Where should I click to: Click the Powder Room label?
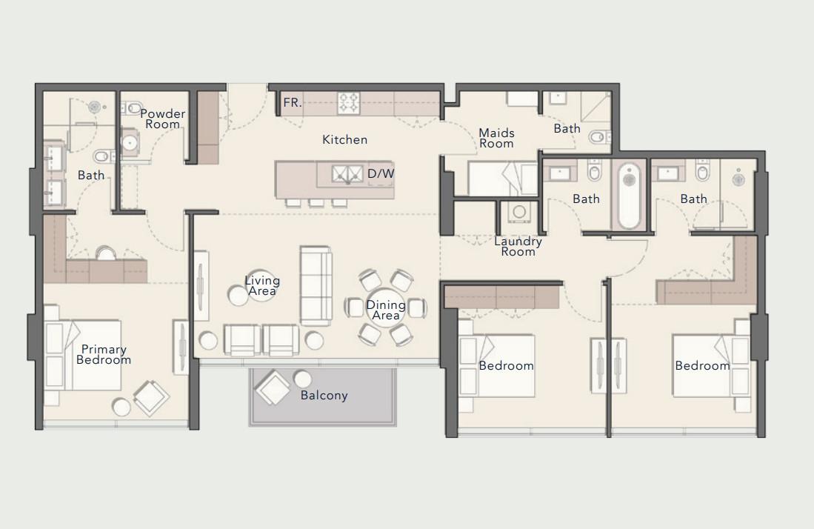tap(162, 119)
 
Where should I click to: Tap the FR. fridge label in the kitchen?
tap(292, 103)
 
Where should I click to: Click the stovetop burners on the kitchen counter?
tap(348, 102)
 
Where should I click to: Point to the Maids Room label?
tap(496, 138)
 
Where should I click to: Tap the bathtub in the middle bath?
tap(630, 196)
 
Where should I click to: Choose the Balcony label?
tap(324, 395)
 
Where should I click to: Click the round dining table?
tap(386, 308)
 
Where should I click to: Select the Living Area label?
tap(262, 285)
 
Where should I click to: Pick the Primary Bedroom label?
tap(104, 354)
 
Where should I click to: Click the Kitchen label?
tap(344, 139)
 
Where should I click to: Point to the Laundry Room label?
tap(518, 246)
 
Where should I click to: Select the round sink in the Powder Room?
tap(130, 142)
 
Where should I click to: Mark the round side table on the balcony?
tap(302, 379)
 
